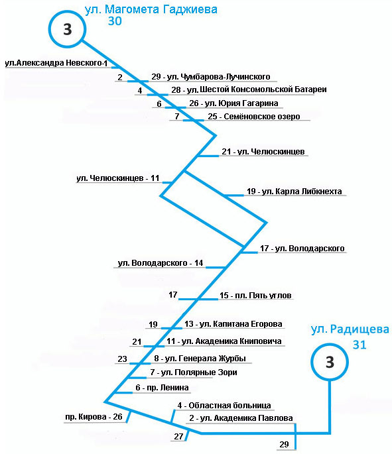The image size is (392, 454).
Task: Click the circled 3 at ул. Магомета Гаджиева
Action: tap(67, 29)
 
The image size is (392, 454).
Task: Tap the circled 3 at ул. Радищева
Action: tap(330, 362)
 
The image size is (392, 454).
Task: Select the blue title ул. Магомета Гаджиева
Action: tap(151, 9)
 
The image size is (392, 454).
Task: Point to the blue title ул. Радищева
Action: tap(350, 329)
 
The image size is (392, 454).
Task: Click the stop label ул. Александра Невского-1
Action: tap(56, 63)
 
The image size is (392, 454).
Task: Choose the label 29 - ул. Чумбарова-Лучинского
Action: tap(211, 77)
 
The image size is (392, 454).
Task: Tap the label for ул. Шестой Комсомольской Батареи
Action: tap(249, 89)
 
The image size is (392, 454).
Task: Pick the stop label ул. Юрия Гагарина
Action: tap(234, 103)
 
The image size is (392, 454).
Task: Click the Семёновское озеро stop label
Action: tap(254, 117)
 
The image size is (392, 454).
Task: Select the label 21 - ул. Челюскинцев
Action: tap(263, 151)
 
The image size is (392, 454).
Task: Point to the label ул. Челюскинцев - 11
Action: tap(118, 178)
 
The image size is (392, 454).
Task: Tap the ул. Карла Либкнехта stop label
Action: tap(294, 192)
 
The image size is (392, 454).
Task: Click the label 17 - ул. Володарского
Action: tap(302, 249)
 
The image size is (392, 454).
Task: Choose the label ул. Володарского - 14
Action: tap(161, 263)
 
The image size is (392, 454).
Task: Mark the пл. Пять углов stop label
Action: tap(255, 296)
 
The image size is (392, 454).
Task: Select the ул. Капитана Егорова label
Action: tap(233, 323)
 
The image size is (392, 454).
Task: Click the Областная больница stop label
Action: tap(224, 406)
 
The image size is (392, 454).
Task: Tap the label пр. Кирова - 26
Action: tap(94, 417)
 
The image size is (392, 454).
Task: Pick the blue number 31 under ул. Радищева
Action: tap(359, 345)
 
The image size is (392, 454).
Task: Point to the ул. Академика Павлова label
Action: tap(241, 418)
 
